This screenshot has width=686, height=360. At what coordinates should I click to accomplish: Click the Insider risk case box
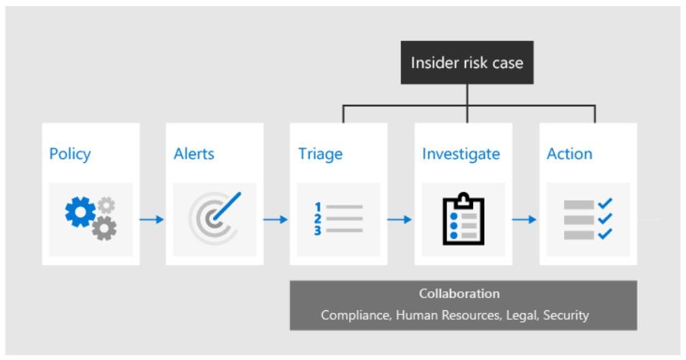point(466,63)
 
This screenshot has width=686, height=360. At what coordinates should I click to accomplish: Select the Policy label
point(69,154)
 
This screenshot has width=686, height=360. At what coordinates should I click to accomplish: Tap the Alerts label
point(194,154)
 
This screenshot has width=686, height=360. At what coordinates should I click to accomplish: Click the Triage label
point(319,154)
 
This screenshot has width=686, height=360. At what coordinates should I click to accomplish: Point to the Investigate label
point(461,154)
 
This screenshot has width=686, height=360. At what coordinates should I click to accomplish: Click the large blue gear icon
point(80,212)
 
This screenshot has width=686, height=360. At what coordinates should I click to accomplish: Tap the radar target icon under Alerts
point(214,218)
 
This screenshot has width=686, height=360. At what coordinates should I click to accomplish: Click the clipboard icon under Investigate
point(463,218)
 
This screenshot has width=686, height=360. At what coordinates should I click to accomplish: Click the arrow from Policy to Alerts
point(152,219)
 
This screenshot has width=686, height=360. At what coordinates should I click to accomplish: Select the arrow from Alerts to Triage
point(276,219)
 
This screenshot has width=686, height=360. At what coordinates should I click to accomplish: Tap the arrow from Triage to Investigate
point(400,219)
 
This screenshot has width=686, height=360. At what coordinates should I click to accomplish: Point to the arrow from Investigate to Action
point(525,219)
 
